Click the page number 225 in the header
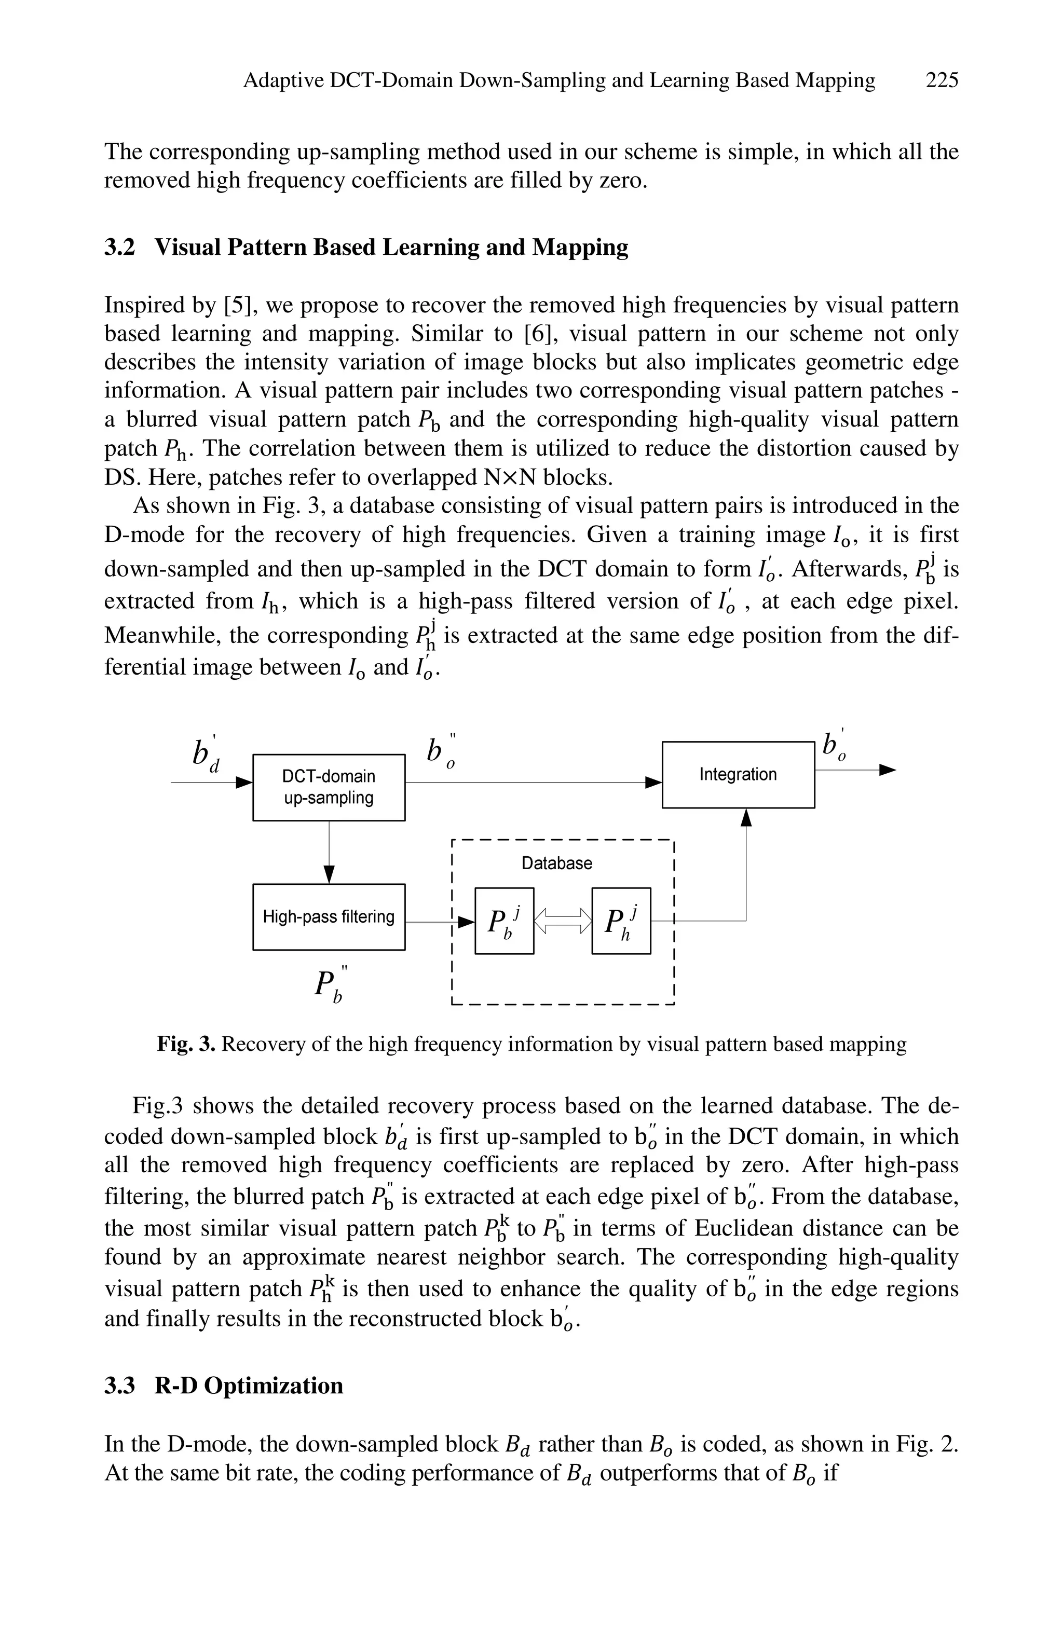(941, 81)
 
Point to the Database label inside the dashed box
(556, 863)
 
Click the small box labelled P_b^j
(504, 921)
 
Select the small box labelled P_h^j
(620, 921)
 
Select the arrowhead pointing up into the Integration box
(746, 817)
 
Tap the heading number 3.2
(120, 248)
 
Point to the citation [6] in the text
(541, 334)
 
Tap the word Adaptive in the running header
(284, 81)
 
